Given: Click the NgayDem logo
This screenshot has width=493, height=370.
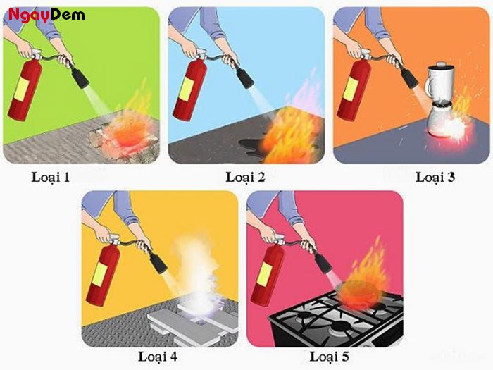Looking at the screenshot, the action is [46, 15].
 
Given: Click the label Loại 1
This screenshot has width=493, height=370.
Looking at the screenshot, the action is [51, 178].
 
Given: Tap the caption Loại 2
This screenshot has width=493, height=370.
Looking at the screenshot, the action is [246, 178].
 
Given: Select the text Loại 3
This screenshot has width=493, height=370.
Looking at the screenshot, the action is [435, 178].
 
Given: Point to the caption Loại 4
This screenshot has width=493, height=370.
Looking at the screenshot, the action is [158, 357].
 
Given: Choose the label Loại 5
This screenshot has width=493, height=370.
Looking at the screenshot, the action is [330, 357].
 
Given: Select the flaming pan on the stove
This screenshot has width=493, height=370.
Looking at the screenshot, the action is [358, 291].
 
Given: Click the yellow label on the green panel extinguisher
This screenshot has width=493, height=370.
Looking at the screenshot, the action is [22, 89].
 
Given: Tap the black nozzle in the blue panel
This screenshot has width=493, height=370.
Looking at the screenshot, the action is [245, 78].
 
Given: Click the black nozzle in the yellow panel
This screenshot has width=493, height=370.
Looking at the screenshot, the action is [158, 262].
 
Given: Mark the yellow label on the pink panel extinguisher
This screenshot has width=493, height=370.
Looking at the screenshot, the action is [264, 274].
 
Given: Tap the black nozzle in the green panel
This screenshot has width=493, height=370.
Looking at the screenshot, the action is [80, 78].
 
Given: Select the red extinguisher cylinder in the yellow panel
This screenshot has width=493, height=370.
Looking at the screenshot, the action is [103, 274].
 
